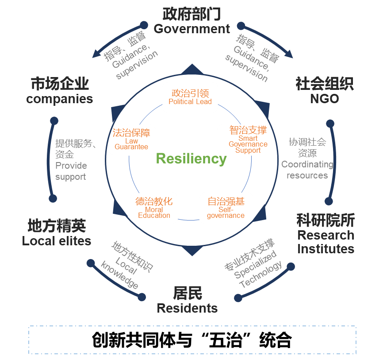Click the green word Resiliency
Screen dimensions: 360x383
pos(191,159)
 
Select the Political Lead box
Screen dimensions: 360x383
pos(190,97)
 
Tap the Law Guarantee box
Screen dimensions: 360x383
pos(131,139)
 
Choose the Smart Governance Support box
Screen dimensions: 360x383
pos(248,139)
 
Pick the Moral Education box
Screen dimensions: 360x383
pos(154,208)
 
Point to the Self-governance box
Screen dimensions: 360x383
pos(226,207)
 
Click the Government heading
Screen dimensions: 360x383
pos(191,29)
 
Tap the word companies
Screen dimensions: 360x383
pos(59,99)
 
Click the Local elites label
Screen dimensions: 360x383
pos(56,241)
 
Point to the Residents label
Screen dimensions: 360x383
pos(187,308)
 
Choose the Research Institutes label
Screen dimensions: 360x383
pos(326,242)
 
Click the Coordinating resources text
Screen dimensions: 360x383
pos(307,170)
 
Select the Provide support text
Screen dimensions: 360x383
pos(71,171)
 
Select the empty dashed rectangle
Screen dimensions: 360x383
pos(192,340)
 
